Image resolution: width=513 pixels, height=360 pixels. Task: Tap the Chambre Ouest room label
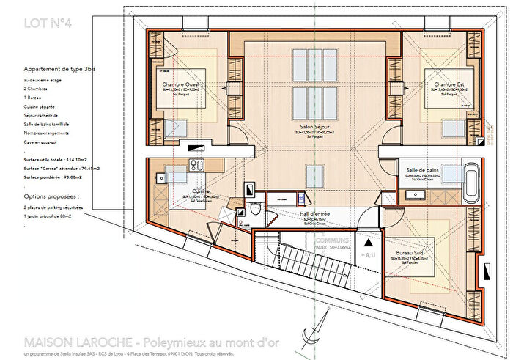tap(182, 85)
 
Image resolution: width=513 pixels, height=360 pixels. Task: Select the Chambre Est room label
tap(449, 85)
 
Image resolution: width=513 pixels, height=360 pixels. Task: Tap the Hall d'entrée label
tap(314, 213)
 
